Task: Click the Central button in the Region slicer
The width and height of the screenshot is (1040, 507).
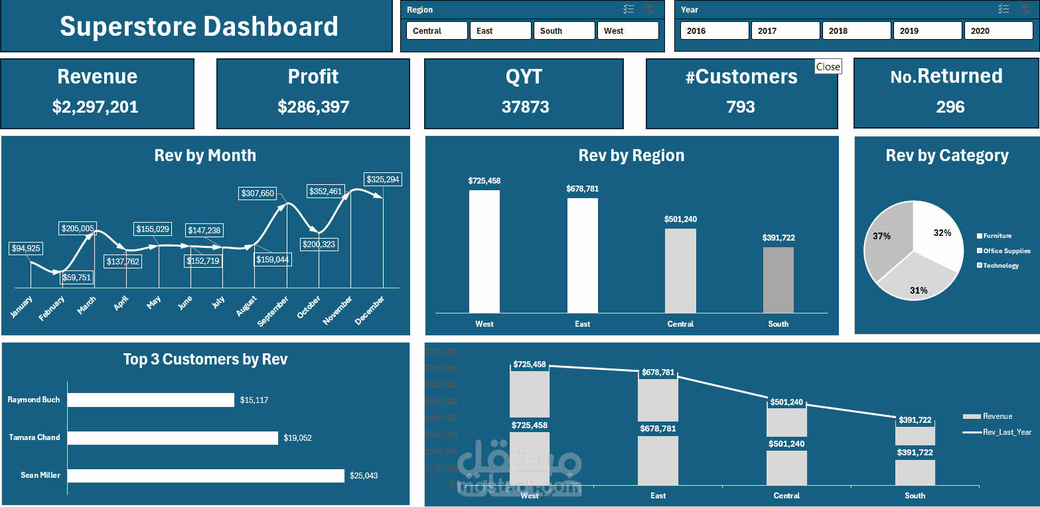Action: [x=437, y=30]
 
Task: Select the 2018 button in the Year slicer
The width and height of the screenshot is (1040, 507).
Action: [x=856, y=30]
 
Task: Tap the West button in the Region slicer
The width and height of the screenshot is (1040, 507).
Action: [x=627, y=30]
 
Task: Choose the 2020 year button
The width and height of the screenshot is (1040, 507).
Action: [x=998, y=30]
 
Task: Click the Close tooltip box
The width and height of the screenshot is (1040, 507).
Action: [x=828, y=66]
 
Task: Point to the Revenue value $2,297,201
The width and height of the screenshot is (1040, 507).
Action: [x=96, y=107]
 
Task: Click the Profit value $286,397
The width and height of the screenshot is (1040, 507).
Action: [x=313, y=107]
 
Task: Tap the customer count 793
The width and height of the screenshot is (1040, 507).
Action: [x=741, y=107]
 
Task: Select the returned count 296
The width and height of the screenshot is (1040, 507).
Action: [x=950, y=107]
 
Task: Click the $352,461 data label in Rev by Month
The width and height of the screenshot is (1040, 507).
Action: [x=325, y=192]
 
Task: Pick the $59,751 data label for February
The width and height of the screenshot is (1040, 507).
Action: [x=76, y=278]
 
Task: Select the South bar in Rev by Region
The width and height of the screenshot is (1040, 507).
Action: [x=778, y=280]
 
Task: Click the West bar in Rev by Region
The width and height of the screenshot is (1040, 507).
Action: [x=484, y=251]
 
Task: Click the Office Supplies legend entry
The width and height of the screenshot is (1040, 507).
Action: [x=1006, y=251]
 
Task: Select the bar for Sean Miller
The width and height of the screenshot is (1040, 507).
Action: [x=206, y=475]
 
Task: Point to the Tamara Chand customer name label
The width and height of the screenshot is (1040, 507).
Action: [x=35, y=437]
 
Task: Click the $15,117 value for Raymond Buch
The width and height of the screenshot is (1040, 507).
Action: [x=254, y=400]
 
